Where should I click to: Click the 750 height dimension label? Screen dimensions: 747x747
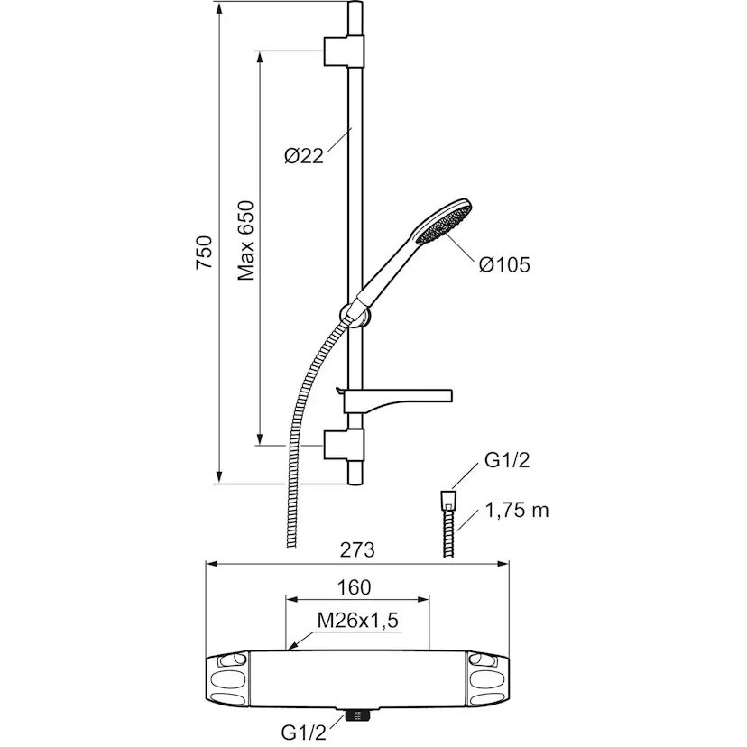[205, 252]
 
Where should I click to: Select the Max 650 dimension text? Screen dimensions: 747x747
[245, 241]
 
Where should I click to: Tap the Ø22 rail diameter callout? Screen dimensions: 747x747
[304, 156]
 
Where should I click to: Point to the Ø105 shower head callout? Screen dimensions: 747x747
[504, 265]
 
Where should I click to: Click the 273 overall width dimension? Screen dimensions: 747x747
[357, 549]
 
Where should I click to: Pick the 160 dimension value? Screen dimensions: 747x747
[354, 587]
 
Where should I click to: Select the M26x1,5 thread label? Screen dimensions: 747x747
[357, 621]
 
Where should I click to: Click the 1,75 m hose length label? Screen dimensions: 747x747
[517, 511]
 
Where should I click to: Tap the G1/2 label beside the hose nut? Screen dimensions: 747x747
[507, 460]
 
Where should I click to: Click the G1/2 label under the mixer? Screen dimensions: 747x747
[304, 733]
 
